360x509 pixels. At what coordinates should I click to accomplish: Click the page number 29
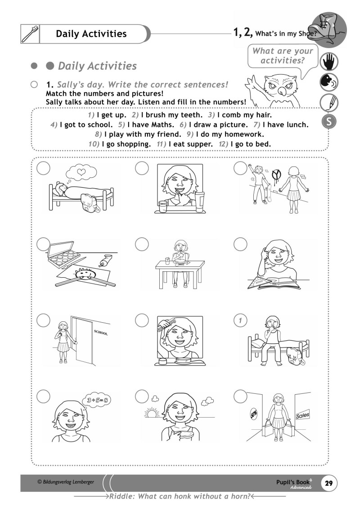[328, 483]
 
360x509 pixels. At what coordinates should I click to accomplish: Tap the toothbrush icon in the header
[31, 34]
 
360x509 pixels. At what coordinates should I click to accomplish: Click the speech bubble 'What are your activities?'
[282, 56]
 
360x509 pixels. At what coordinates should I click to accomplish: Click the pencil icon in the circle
[328, 103]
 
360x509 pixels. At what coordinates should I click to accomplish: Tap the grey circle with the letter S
[328, 122]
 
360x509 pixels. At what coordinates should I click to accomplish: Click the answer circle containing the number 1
[241, 320]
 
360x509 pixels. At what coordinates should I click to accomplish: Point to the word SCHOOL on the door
[101, 333]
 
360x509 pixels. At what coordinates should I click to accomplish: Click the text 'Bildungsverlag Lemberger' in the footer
[66, 482]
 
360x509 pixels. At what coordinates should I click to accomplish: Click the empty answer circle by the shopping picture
[241, 396]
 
